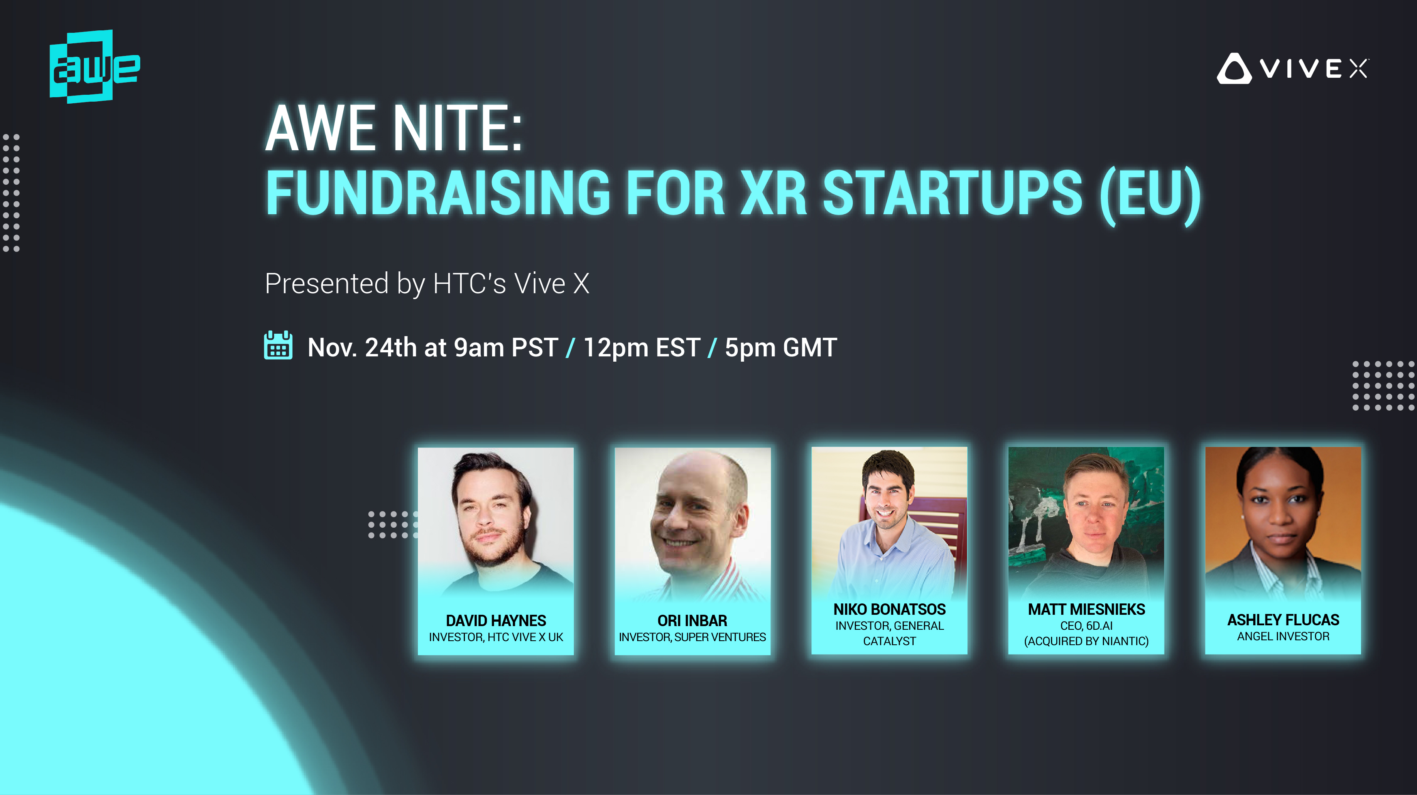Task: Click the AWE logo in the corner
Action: coord(94,66)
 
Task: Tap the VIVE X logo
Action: coord(1293,69)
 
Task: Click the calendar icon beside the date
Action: coord(278,345)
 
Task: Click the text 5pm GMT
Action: coord(781,348)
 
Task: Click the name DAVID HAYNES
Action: coord(496,621)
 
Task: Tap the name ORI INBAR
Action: coord(692,621)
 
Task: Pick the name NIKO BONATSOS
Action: coord(889,609)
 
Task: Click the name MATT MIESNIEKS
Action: coord(1086,609)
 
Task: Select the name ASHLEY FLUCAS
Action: coord(1283,620)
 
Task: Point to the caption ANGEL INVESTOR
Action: coord(1283,637)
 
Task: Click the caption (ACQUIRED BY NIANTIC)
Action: coord(1086,641)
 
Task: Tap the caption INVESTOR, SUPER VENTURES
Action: coord(692,637)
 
